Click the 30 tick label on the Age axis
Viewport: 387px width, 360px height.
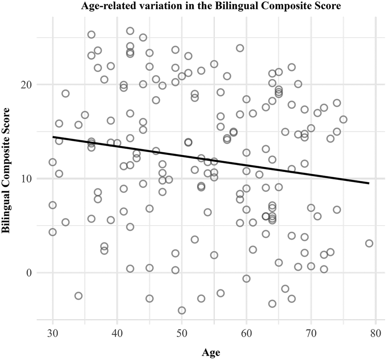click(52, 334)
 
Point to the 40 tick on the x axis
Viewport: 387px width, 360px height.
click(117, 334)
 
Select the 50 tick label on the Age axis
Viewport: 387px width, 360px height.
click(181, 334)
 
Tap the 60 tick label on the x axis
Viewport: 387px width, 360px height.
click(246, 334)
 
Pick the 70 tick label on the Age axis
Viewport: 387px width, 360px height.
click(311, 334)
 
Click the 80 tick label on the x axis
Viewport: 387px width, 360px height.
click(376, 334)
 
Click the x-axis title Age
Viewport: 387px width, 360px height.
click(211, 353)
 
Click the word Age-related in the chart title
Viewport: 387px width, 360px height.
click(105, 6)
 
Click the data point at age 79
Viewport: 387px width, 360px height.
click(369, 244)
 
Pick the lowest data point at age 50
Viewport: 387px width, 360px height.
click(182, 310)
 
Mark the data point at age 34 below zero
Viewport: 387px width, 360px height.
click(79, 296)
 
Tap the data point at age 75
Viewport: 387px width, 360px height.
click(343, 120)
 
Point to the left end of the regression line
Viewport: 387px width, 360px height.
click(53, 137)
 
